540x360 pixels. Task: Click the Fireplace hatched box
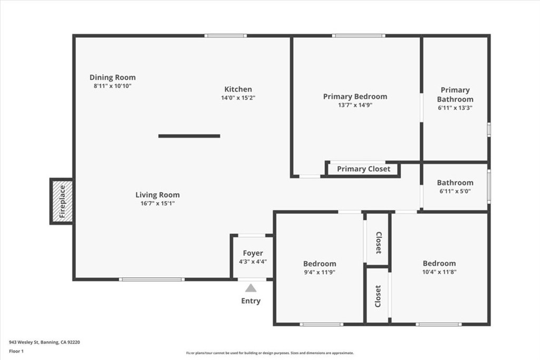tap(62, 201)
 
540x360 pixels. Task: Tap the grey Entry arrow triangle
tap(251, 288)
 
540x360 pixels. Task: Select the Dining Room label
tap(112, 77)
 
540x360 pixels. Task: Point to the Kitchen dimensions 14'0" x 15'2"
tap(238, 98)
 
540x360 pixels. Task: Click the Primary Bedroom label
tap(355, 96)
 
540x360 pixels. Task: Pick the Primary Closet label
tap(363, 169)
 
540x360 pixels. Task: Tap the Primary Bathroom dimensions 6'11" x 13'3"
tap(455, 108)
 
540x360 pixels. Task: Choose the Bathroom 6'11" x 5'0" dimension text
tap(455, 191)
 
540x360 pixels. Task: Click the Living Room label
tap(157, 195)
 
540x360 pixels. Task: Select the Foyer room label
tap(253, 253)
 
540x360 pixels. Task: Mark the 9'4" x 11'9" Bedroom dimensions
tap(319, 273)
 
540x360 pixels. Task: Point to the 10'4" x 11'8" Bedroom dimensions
tap(439, 272)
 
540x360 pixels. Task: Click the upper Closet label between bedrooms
tap(378, 242)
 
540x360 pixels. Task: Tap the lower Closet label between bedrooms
tap(378, 296)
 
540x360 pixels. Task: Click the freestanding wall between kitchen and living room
tap(189, 136)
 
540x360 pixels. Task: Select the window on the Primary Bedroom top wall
tap(358, 36)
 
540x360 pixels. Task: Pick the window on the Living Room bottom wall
tap(151, 279)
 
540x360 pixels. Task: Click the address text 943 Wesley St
tap(44, 342)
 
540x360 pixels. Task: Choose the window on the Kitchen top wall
tap(226, 36)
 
